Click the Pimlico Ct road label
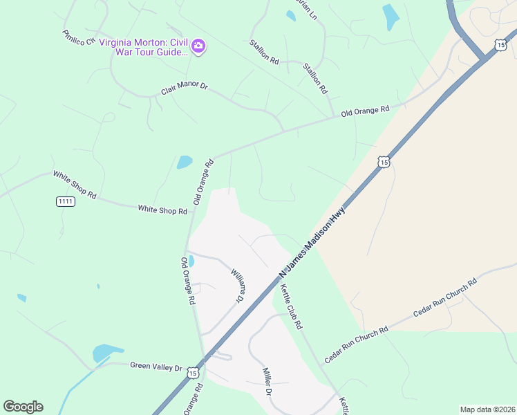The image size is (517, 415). (x=77, y=38)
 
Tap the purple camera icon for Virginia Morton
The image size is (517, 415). (x=198, y=46)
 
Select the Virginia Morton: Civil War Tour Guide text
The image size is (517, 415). (x=143, y=46)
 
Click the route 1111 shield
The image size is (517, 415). (x=65, y=201)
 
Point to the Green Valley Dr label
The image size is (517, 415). (x=156, y=367)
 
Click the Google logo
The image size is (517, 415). (x=23, y=407)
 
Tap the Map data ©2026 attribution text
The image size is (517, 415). (x=487, y=409)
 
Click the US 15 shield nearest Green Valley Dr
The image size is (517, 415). (x=193, y=373)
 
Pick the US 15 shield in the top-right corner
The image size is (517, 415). (x=500, y=45)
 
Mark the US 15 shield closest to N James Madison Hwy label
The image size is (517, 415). (x=384, y=162)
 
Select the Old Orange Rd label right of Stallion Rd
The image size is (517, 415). (x=366, y=111)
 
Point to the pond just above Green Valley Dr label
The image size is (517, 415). (x=106, y=352)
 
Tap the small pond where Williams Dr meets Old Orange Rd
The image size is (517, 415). (x=191, y=261)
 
